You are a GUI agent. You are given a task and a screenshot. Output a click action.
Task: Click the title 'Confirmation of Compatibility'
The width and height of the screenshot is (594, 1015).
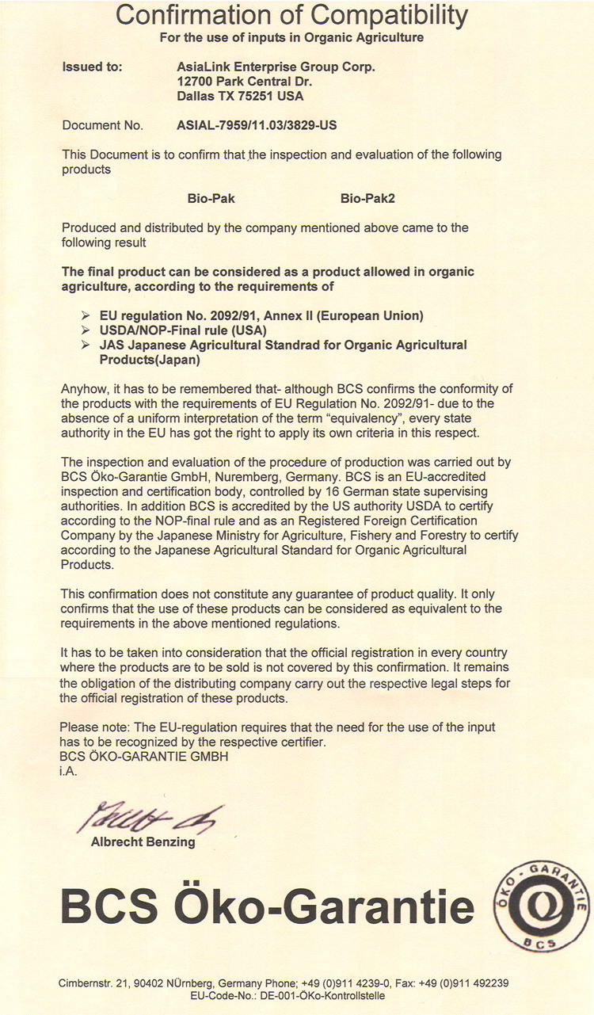(x=291, y=14)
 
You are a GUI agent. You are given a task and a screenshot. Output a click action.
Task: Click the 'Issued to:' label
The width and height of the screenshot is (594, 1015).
(x=92, y=67)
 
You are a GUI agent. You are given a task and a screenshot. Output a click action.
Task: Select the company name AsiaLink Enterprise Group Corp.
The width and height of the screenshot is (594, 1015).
(x=276, y=67)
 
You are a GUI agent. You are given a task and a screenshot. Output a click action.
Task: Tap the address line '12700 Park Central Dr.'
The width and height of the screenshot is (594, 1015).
(x=244, y=82)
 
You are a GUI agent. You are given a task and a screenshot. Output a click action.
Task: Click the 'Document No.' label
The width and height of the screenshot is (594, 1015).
(x=102, y=125)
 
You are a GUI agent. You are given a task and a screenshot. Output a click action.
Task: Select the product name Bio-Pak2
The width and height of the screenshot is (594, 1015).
(x=367, y=198)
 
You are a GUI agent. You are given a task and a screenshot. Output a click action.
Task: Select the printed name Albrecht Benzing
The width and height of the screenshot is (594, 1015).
(x=143, y=842)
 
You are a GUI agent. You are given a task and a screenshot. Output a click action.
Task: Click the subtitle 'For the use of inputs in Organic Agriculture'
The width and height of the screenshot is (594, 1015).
(x=291, y=37)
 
